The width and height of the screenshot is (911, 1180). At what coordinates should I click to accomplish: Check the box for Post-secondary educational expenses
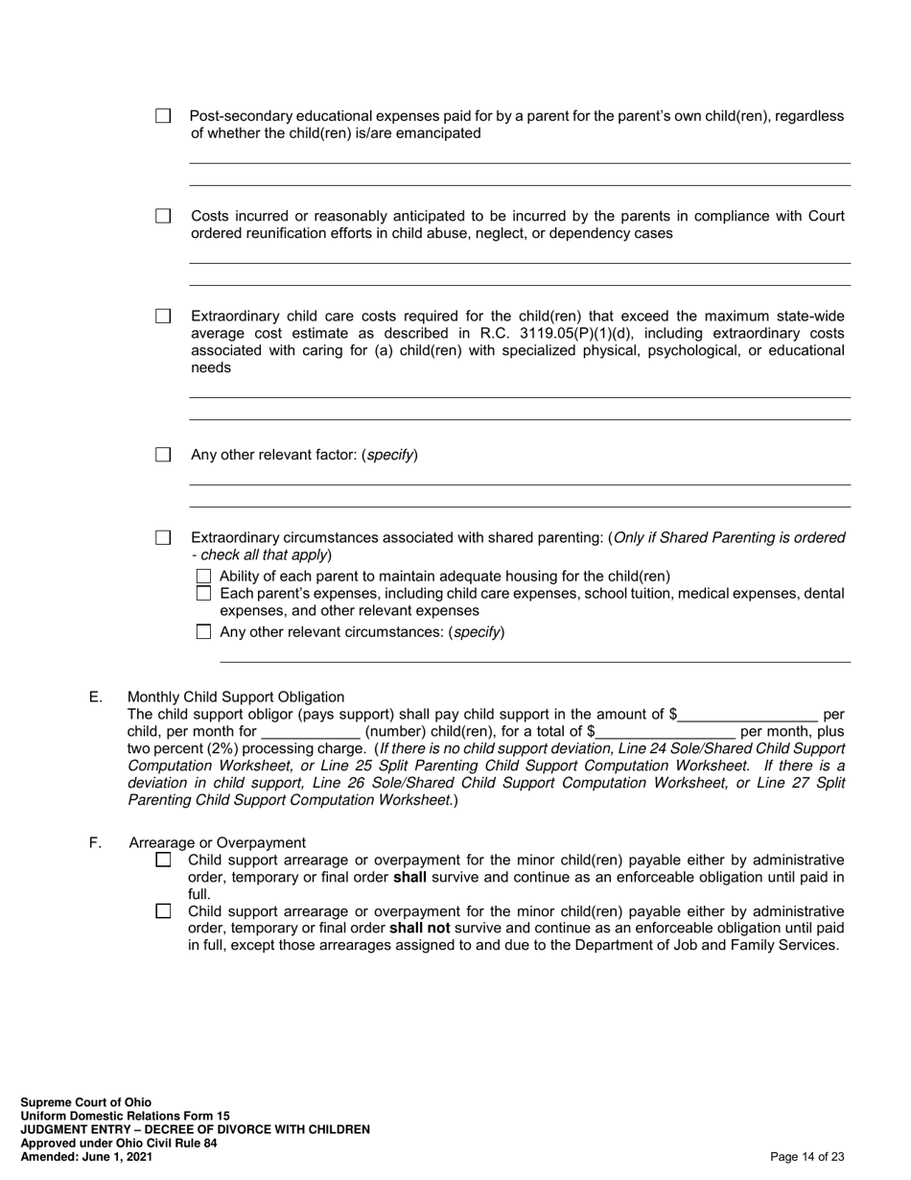pos(163,116)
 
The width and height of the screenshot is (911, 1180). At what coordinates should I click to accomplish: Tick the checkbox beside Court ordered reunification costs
pos(163,216)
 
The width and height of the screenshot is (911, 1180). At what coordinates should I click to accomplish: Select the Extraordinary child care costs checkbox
pos(163,316)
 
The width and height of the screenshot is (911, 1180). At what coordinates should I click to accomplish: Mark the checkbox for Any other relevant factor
pos(163,455)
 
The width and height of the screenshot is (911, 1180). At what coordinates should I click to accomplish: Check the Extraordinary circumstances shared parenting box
pos(163,538)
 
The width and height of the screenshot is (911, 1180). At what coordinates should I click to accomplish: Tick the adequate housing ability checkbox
pos(202,577)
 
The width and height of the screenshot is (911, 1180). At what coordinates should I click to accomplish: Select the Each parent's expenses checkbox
pos(202,594)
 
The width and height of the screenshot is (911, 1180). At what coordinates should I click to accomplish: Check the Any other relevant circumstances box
pos(202,632)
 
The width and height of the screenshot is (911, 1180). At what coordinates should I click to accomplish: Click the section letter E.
pos(96,697)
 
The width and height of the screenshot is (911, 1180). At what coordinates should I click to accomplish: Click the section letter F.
pos(96,843)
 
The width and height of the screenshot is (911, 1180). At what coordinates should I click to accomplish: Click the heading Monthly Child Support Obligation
pos(236,697)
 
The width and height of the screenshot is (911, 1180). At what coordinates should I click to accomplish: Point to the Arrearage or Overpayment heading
pos(218,843)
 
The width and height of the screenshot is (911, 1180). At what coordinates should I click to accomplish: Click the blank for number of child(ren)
pos(310,731)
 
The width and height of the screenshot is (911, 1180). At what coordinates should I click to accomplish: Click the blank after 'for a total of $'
pos(664,731)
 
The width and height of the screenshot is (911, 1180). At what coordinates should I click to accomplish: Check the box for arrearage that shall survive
pos(163,861)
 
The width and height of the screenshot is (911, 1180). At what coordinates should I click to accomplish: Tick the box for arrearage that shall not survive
pos(163,911)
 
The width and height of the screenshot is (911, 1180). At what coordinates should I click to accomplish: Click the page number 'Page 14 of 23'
pos(806,1157)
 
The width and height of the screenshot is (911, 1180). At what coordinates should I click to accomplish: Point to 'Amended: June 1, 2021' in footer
pos(86,1157)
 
